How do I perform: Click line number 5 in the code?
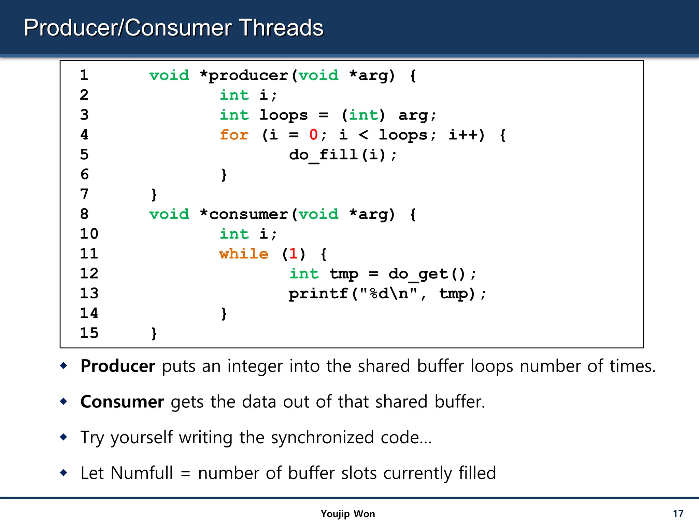point(84,154)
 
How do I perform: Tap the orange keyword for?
point(234,135)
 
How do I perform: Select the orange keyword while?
point(244,254)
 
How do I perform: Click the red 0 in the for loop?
point(313,135)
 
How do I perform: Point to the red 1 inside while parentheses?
point(293,254)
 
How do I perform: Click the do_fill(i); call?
point(343,155)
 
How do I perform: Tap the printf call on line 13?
point(318,294)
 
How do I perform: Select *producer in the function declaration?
point(244,76)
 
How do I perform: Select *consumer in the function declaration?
point(244,214)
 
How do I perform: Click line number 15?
point(89,333)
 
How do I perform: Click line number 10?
point(89,234)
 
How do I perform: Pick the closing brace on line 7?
point(154,194)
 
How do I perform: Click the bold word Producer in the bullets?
point(118,366)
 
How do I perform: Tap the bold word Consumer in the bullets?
point(122,402)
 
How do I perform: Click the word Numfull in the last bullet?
point(142,473)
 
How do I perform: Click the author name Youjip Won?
point(347,514)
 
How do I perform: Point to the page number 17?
point(678,514)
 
